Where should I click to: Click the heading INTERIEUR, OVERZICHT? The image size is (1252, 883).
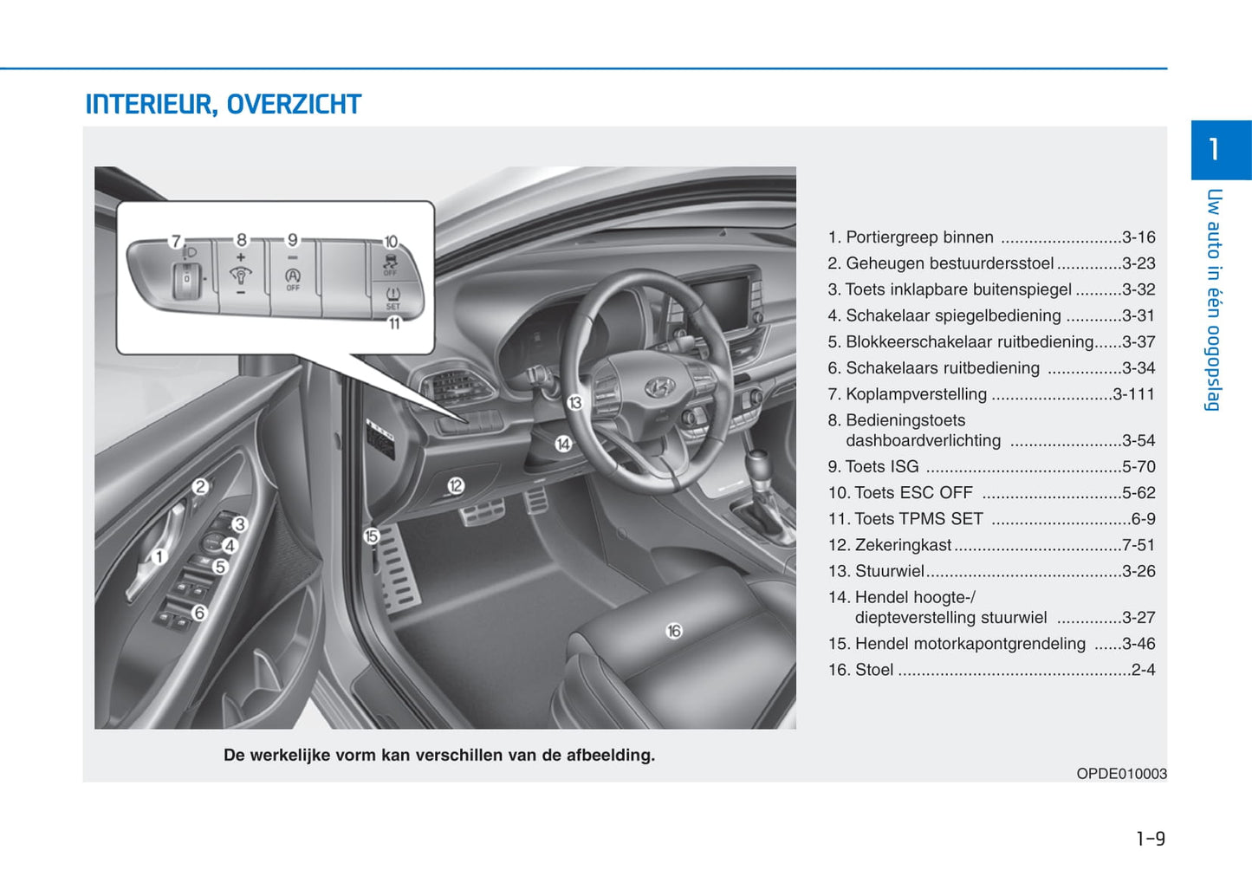pyautogui.click(x=223, y=105)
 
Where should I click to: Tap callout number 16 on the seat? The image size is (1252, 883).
pyautogui.click(x=674, y=631)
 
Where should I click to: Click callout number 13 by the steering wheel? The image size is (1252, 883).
pyautogui.click(x=574, y=402)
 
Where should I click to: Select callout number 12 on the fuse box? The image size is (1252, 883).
pyautogui.click(x=456, y=485)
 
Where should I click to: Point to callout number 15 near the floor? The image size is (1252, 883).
pyautogui.click(x=372, y=536)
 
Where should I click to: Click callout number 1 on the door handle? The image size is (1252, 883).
pyautogui.click(x=159, y=556)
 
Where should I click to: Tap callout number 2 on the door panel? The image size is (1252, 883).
pyautogui.click(x=200, y=486)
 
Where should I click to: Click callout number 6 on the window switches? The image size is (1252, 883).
pyautogui.click(x=199, y=613)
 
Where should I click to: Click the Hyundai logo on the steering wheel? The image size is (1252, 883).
pyautogui.click(x=660, y=387)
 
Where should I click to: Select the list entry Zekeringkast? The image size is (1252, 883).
pyautogui.click(x=903, y=545)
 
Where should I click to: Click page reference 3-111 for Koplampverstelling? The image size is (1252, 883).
pyautogui.click(x=1133, y=394)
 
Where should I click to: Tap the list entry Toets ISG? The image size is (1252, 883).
pyautogui.click(x=881, y=467)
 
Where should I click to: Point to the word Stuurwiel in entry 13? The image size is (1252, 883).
pyautogui.click(x=889, y=571)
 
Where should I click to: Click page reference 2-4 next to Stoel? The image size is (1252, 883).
pyautogui.click(x=1143, y=670)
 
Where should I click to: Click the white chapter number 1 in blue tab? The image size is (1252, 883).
pyautogui.click(x=1214, y=149)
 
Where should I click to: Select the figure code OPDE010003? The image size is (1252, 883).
pyautogui.click(x=1121, y=774)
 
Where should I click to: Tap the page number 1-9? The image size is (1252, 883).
pyautogui.click(x=1150, y=838)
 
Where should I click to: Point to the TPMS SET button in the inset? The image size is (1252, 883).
pyautogui.click(x=392, y=297)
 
